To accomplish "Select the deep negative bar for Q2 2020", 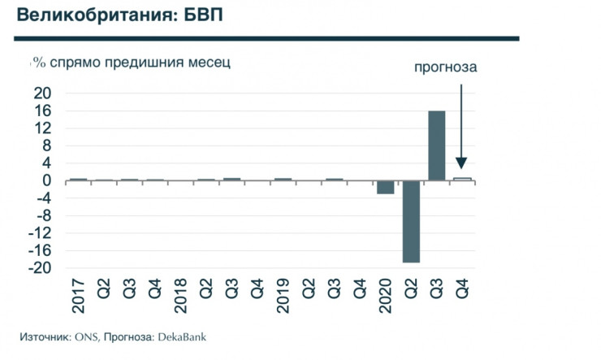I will (x=411, y=221).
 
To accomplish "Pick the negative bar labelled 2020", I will (x=385, y=187).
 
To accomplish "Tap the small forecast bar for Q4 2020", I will (x=461, y=179).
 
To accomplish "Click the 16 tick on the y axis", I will (x=41, y=111).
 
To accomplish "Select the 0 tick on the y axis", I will (x=46, y=180).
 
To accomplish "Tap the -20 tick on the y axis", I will (x=38, y=268).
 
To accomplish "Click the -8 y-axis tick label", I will (x=42, y=215).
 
